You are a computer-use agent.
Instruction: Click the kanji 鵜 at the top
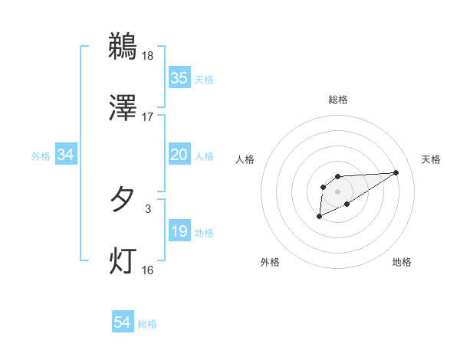pyautogui.click(x=123, y=46)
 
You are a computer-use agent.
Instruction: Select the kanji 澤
pyautogui.click(x=123, y=108)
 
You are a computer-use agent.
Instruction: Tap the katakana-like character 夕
pyautogui.click(x=123, y=200)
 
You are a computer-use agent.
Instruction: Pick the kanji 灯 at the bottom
pyautogui.click(x=123, y=261)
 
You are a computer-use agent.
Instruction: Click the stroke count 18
pyautogui.click(x=148, y=55)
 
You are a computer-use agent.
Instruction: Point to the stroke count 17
pyautogui.click(x=148, y=117)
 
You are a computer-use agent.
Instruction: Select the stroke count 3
pyautogui.click(x=148, y=208)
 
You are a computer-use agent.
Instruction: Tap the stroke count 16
pyautogui.click(x=148, y=270)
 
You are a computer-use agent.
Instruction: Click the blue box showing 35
pyautogui.click(x=179, y=78)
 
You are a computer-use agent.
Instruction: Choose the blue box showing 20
pyautogui.click(x=179, y=155)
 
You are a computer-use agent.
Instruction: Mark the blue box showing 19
pyautogui.click(x=179, y=231)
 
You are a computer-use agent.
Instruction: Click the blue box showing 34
pyautogui.click(x=66, y=155)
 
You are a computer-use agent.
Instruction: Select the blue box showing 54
pyautogui.click(x=123, y=323)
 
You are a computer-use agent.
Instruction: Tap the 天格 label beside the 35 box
pyautogui.click(x=204, y=79)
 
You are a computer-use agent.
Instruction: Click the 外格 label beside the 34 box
pyautogui.click(x=41, y=156)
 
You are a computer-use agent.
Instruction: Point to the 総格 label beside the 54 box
pyautogui.click(x=147, y=324)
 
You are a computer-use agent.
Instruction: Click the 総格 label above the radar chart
pyautogui.click(x=337, y=100)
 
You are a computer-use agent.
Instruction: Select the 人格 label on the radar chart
pyautogui.click(x=245, y=159)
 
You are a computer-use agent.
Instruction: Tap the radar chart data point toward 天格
pyautogui.click(x=396, y=172)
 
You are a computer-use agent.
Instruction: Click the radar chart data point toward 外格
pyautogui.click(x=319, y=217)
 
